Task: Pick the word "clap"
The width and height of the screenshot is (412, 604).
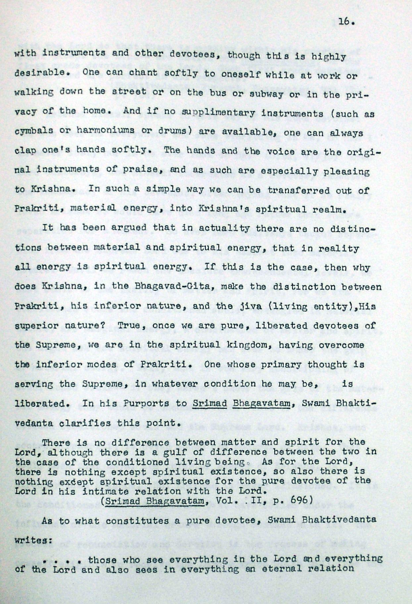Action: pyautogui.click(x=25, y=150)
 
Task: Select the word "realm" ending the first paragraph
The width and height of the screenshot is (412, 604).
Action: pyautogui.click(x=331, y=210)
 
